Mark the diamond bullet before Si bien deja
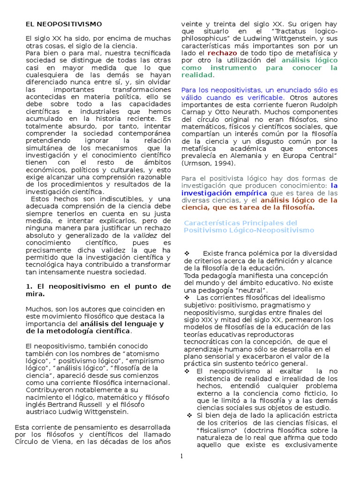(189, 416)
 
